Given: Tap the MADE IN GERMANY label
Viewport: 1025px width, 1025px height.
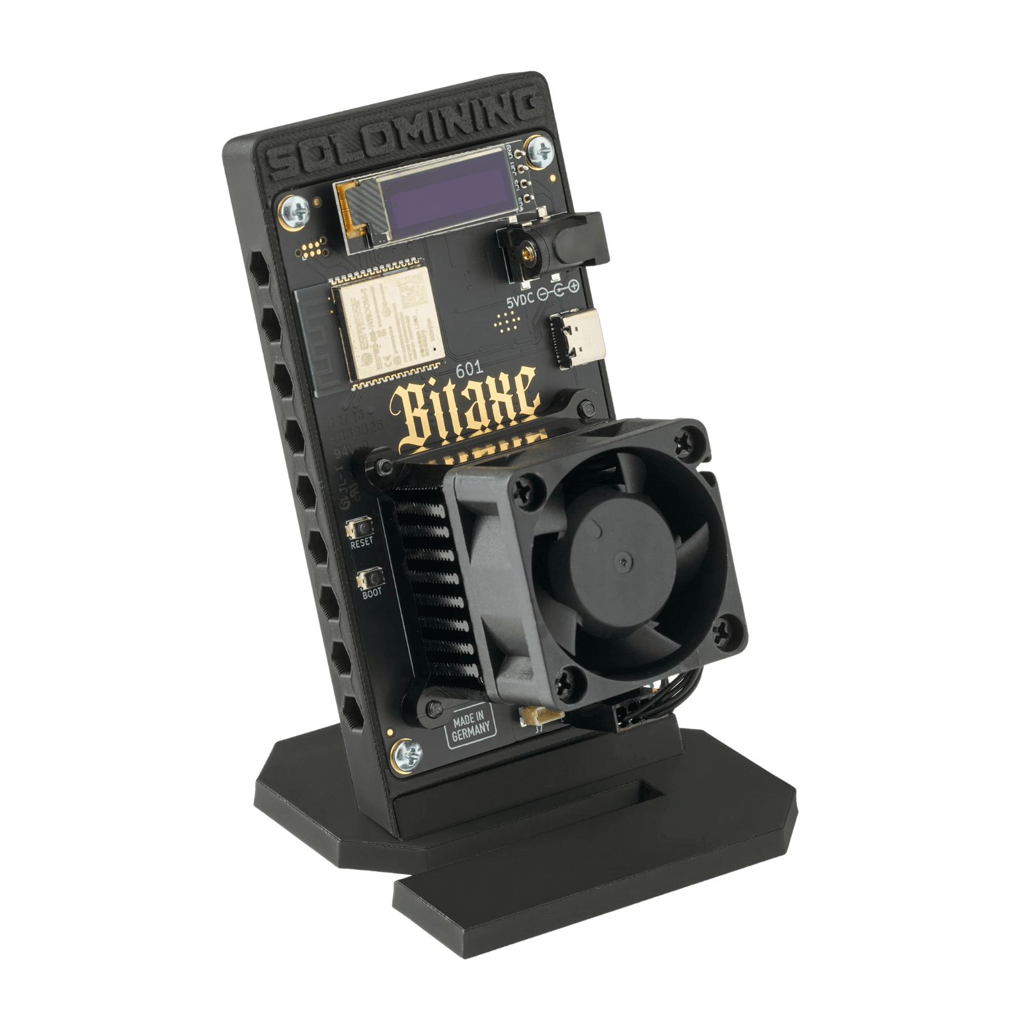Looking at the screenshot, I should (x=471, y=728).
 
